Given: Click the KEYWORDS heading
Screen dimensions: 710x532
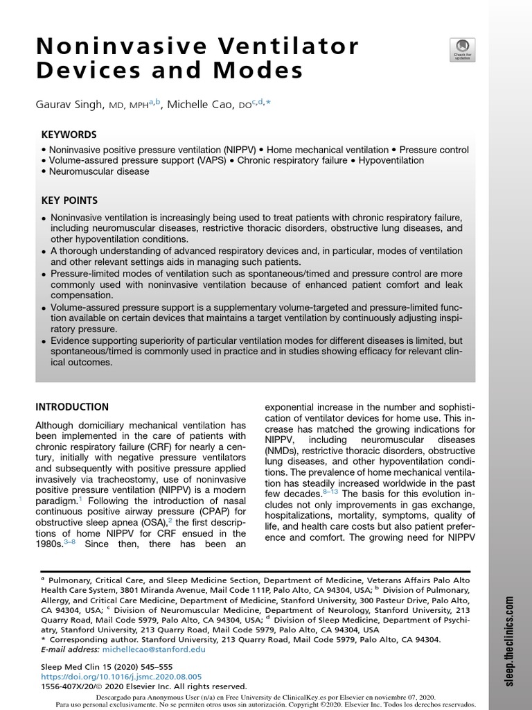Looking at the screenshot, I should coord(69,135).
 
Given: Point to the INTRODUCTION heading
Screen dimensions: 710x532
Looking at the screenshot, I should coord(72,407).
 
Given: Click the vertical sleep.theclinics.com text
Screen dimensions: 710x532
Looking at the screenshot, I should coord(509,645).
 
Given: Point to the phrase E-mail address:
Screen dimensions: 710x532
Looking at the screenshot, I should coord(70,650).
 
